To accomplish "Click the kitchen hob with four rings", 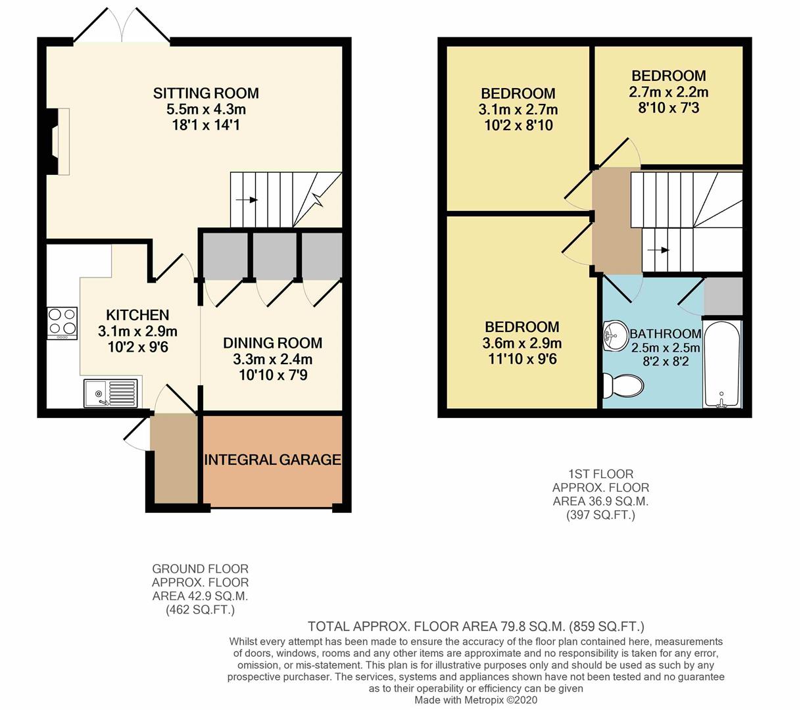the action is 62,323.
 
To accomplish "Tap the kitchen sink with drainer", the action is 110,393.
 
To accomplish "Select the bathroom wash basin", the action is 615,335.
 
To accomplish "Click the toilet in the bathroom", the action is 623,385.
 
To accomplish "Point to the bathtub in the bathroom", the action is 721,364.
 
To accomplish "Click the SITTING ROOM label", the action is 206,93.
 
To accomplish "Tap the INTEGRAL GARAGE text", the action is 272,460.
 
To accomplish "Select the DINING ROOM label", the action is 272,343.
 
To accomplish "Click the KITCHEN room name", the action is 137,315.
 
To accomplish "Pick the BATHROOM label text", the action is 666,334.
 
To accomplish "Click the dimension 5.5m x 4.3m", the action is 206,109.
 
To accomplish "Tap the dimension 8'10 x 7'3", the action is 669,108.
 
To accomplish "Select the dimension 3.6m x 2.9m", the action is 522,343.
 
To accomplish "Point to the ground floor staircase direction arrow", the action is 247,200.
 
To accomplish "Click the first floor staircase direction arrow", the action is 658,250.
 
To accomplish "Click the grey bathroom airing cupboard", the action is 723,296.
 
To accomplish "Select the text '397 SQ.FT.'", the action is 600,515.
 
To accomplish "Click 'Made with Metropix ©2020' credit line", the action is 475,699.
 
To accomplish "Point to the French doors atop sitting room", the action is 122,24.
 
